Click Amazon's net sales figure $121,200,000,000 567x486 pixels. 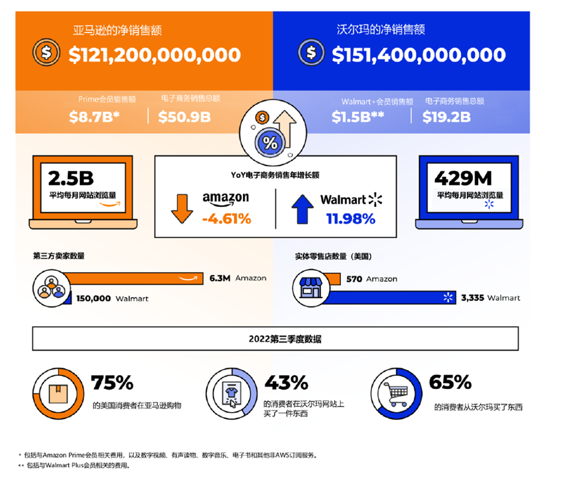pyautogui.click(x=154, y=55)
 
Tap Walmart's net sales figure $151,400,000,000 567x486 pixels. pyautogui.click(x=418, y=55)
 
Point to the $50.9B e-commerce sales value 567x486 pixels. pyautogui.click(x=184, y=117)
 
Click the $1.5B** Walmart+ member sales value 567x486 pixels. pyautogui.click(x=358, y=117)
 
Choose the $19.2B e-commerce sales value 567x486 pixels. pyautogui.click(x=446, y=117)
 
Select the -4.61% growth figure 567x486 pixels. pyautogui.click(x=226, y=219)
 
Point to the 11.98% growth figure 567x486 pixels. pyautogui.click(x=351, y=219)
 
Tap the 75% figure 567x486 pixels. pyautogui.click(x=112, y=383)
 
